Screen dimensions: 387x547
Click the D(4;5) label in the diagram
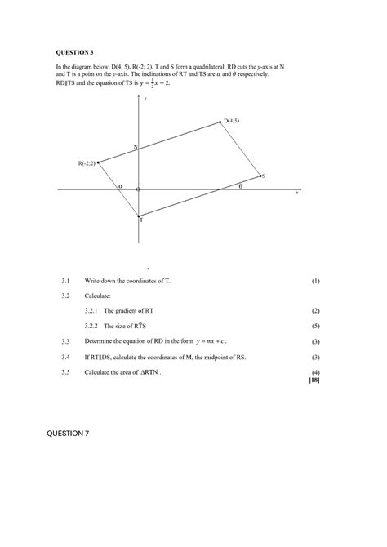coord(233,121)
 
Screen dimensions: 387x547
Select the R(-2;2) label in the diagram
coord(87,163)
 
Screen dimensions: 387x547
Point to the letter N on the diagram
coord(136,147)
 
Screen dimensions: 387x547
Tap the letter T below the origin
coord(140,220)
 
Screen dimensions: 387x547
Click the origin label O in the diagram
coord(138,190)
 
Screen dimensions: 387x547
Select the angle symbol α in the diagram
coord(120,186)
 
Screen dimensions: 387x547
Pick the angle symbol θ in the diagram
coord(240,185)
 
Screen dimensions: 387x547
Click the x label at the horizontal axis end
coord(297,193)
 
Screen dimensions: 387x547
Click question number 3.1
coord(66,281)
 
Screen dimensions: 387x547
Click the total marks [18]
coord(314,380)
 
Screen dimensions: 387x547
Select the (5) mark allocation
coord(315,325)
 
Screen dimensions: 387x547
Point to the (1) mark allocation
coord(315,281)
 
